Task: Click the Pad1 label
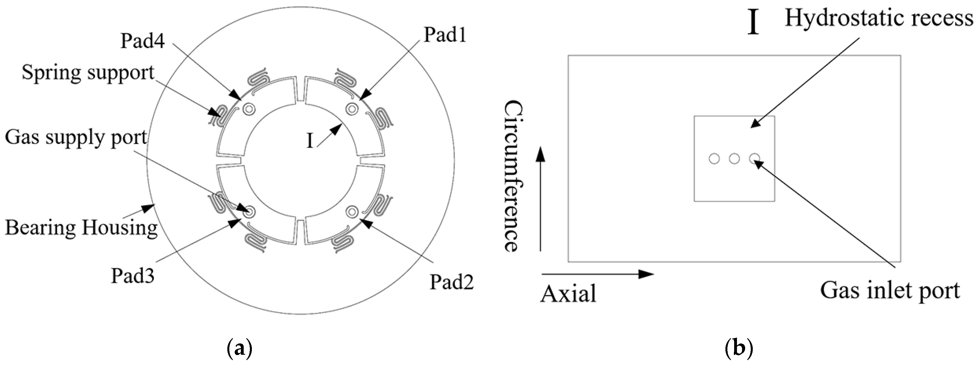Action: tap(445, 35)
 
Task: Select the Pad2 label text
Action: tap(451, 282)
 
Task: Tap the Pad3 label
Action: tap(132, 276)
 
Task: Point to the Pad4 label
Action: tap(143, 41)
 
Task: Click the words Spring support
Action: tap(88, 72)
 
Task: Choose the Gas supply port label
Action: tap(76, 137)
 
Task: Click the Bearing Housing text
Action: tap(81, 228)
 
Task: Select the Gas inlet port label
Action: tap(890, 291)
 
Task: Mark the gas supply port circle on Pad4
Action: tap(249, 109)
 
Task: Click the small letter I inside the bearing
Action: tap(310, 141)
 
